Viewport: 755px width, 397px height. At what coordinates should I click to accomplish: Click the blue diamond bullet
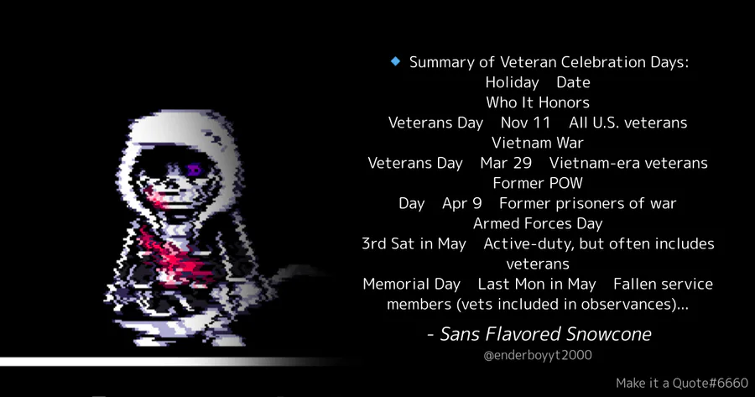[395, 61]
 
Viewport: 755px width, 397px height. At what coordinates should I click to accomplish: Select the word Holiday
[512, 83]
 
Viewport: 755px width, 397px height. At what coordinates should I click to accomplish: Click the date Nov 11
[525, 123]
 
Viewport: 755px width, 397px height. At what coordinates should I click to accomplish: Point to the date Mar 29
[506, 164]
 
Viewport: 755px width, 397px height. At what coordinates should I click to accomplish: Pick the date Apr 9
[461, 204]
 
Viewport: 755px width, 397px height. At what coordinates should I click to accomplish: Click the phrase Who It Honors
[538, 102]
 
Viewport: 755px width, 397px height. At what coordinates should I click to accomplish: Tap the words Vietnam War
[538, 143]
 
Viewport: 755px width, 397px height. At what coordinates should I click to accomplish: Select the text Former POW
[538, 184]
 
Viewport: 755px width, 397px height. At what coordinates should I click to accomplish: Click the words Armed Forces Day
[538, 224]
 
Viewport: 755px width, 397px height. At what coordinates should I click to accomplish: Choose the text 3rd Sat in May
[414, 244]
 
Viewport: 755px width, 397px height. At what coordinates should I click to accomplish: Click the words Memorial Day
[412, 285]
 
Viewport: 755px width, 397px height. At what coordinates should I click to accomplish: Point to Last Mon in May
[537, 285]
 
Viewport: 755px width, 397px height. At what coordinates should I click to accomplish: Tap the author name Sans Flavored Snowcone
[545, 334]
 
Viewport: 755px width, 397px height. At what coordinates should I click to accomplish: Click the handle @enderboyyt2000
[538, 356]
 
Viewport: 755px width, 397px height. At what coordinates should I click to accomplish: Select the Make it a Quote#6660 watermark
[682, 384]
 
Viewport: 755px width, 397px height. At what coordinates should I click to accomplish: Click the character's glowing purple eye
[194, 170]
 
